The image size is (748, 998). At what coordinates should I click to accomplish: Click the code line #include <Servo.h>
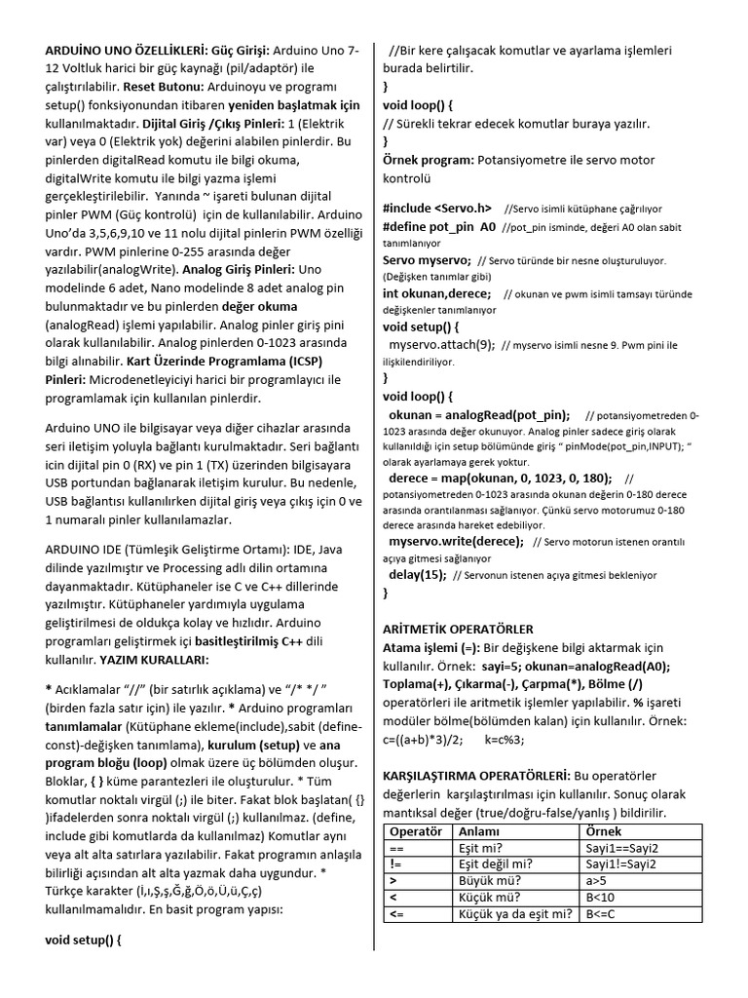click(437, 208)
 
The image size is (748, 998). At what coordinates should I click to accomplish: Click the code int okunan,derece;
click(437, 293)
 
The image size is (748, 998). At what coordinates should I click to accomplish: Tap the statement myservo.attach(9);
click(441, 344)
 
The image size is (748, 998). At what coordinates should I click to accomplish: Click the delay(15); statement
click(417, 574)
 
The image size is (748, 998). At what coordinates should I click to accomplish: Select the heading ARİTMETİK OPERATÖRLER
click(458, 630)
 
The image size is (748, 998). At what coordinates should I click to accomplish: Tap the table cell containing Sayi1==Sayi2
click(621, 848)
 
